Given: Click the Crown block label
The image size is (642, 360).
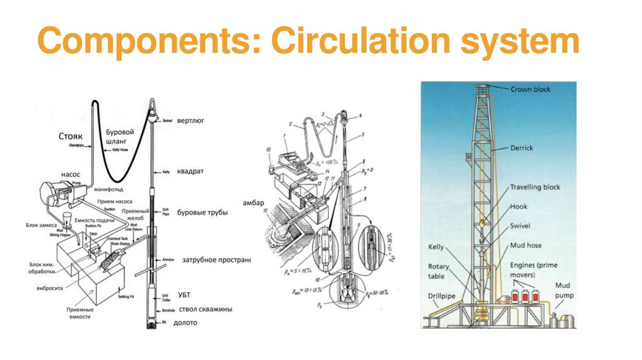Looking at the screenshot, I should pos(530,90).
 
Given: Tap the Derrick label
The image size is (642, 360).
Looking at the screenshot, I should pos(521,148).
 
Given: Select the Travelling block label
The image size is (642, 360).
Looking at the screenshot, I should pos(535,187).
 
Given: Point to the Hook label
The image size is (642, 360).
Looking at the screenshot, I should pos(518,206).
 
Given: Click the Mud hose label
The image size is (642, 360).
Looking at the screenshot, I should pos(525,245).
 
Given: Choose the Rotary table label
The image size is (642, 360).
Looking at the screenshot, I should pos(439,271).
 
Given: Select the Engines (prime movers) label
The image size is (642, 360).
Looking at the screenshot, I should pos(535,270).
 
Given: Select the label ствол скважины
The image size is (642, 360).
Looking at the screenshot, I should pos(206,309).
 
